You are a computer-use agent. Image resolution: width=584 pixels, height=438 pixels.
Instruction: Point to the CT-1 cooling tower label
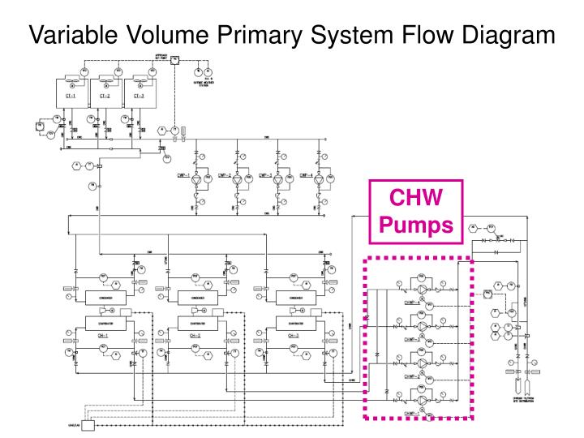click(71, 96)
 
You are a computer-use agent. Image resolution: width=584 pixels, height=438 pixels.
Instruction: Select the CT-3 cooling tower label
click(139, 96)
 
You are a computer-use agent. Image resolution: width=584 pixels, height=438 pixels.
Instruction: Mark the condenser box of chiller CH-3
click(286, 298)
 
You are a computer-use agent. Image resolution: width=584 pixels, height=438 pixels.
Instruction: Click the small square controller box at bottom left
click(88, 425)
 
